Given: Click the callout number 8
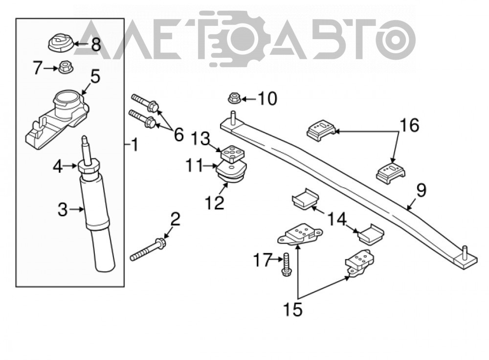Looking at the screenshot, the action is click(96, 45).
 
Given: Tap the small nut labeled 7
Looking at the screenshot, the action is click(64, 67).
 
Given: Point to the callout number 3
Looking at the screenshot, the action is click(63, 210).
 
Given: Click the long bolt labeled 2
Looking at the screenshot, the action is click(148, 249).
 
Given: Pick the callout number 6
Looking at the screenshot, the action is click(178, 135).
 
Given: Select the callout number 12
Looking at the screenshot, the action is click(215, 202).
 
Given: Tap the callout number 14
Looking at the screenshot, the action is click(337, 219).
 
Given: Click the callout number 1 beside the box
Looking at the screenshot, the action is click(134, 145).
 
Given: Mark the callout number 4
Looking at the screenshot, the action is click(58, 167).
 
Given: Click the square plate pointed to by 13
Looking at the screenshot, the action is click(233, 154).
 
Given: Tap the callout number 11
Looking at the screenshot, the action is click(195, 166).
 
